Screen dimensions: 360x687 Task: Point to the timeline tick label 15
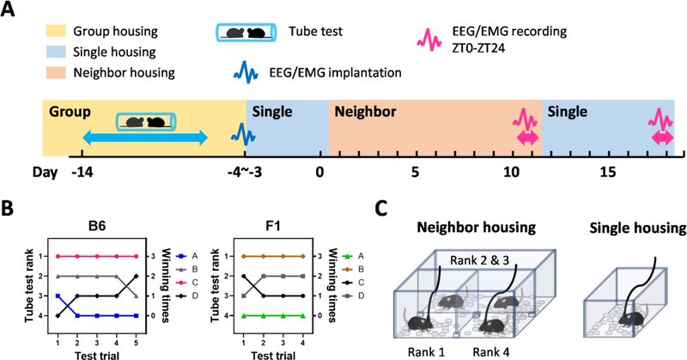[x=607, y=172]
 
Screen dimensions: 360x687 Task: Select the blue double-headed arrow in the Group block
[x=144, y=137]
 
